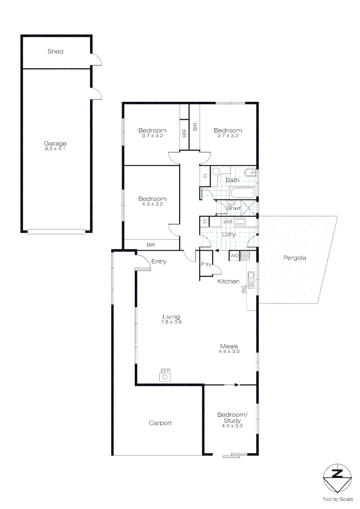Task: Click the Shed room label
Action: (55, 51)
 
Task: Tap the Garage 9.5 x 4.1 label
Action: (55, 146)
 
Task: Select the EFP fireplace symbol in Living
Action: (165, 377)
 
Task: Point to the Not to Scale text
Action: (338, 499)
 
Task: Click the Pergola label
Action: (295, 258)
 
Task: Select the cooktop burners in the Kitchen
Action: (245, 255)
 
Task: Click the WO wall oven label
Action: (234, 255)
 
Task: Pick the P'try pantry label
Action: (206, 264)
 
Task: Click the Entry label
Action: (159, 261)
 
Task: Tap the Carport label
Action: (160, 423)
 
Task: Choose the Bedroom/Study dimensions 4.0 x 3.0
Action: (232, 426)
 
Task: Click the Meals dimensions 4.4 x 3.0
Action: (229, 351)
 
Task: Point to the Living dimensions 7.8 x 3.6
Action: (172, 322)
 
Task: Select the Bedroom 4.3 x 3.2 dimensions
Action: (153, 204)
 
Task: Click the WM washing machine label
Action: (228, 222)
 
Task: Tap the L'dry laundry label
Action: (229, 234)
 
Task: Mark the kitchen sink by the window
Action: (251, 280)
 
